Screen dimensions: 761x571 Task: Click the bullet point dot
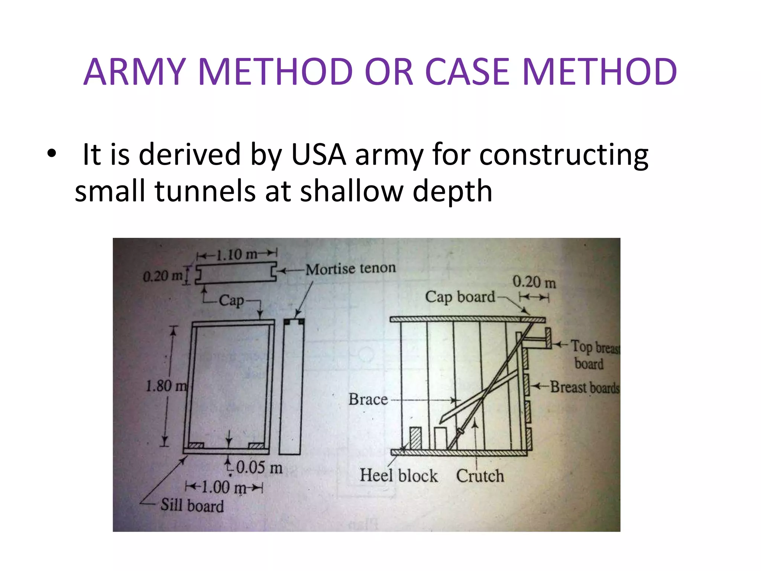click(52, 153)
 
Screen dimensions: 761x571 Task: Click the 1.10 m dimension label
click(237, 255)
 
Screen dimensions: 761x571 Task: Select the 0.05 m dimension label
click(259, 467)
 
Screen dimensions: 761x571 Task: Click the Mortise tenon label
click(350, 268)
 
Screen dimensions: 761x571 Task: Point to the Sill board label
click(192, 506)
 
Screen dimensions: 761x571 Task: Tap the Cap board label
click(460, 297)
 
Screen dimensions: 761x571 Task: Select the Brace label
click(368, 400)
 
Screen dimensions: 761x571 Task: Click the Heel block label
click(398, 475)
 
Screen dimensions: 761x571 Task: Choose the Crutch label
click(480, 476)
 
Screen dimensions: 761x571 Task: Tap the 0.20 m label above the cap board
click(534, 282)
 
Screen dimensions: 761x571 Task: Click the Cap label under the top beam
click(231, 300)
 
